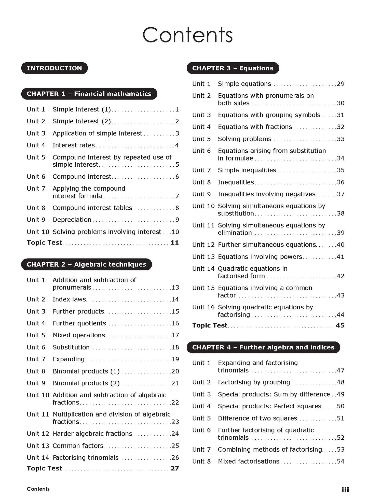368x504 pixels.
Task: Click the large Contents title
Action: tap(187, 35)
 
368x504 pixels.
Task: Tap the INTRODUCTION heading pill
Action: tap(54, 68)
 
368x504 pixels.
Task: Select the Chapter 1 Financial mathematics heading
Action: tap(89, 94)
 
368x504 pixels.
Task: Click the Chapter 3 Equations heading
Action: tap(233, 68)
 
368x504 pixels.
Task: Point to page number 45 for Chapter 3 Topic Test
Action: tap(340, 325)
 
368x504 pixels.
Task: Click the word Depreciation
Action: tap(72, 220)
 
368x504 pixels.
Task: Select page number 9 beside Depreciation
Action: tap(177, 220)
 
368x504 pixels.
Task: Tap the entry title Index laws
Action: tap(69, 299)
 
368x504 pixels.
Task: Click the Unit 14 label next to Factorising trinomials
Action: tap(38, 457)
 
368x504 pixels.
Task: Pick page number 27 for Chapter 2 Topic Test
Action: tap(175, 468)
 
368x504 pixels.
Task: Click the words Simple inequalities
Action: tap(247, 170)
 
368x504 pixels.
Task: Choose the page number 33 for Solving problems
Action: tap(340, 139)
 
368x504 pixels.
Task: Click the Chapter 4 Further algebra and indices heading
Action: tap(263, 347)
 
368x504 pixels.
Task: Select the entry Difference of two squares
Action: tap(257, 418)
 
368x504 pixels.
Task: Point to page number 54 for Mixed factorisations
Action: tap(340, 461)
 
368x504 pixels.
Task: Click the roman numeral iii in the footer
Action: tap(345, 489)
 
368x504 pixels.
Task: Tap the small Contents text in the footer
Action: tap(38, 489)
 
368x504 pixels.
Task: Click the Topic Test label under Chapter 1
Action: tap(44, 242)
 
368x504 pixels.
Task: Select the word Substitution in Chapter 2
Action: tap(71, 347)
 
